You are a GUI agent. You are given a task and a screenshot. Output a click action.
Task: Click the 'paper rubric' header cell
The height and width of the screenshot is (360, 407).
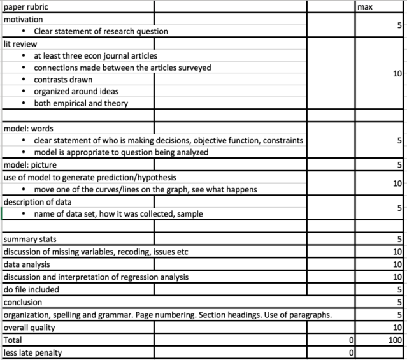tap(25, 6)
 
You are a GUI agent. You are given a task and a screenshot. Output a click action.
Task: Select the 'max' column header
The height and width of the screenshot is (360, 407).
tap(367, 6)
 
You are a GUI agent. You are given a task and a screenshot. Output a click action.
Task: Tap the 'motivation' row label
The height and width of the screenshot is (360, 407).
tap(24, 19)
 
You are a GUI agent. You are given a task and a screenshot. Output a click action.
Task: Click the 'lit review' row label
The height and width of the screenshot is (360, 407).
tap(20, 44)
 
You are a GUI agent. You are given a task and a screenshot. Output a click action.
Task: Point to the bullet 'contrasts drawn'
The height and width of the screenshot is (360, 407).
tap(63, 80)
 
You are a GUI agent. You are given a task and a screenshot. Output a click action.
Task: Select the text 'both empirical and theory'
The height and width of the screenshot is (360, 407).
tap(81, 103)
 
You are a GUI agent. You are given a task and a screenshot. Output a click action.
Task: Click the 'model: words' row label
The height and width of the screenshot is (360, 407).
tap(29, 128)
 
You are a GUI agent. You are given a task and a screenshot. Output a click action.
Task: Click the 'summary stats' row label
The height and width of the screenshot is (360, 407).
tap(30, 240)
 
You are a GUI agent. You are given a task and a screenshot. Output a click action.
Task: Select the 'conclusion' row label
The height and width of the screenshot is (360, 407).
tap(23, 302)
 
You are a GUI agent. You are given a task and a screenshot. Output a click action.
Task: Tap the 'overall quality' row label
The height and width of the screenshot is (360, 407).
tap(29, 327)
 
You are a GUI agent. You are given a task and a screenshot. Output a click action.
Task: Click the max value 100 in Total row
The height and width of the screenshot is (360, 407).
tap(395, 340)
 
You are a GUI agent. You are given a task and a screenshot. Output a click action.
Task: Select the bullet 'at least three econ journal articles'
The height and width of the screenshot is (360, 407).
tap(96, 55)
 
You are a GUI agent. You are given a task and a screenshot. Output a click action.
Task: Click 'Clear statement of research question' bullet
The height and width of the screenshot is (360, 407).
tap(101, 31)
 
